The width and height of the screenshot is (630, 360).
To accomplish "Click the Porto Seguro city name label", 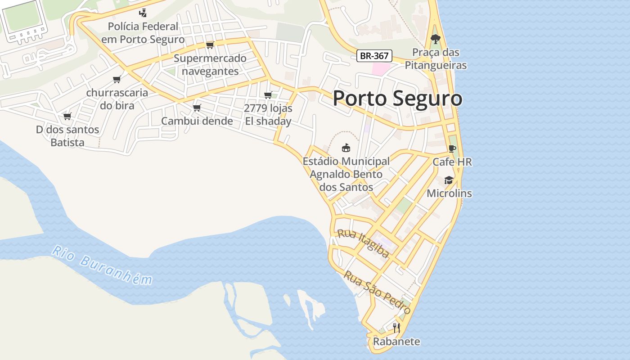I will click(397, 98).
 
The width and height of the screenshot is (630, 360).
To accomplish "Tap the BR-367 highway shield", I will click(374, 56).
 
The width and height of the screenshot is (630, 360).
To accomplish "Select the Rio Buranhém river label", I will click(102, 265).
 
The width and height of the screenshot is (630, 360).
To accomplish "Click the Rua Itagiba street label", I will click(363, 243).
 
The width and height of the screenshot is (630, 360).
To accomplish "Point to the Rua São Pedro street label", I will click(377, 292).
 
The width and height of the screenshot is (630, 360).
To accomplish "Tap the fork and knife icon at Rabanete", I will click(396, 328).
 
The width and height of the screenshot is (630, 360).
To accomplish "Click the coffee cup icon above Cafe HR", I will click(452, 149).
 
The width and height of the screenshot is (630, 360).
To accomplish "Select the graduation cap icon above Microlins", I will click(449, 180).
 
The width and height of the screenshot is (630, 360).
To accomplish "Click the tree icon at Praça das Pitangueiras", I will click(435, 39).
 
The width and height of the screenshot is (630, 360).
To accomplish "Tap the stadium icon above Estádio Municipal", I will click(346, 148).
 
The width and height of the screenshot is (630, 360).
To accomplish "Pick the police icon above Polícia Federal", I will click(143, 13).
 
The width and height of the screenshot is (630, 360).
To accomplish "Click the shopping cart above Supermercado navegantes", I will click(210, 45).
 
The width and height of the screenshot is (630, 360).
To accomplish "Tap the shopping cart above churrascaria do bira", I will click(117, 80).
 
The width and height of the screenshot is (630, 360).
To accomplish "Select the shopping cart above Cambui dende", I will click(197, 108).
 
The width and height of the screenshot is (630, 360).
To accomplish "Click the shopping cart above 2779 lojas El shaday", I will click(268, 95).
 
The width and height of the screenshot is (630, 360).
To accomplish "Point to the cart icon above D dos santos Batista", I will click(67, 117).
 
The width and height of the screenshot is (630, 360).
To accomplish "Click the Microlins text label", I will click(449, 193).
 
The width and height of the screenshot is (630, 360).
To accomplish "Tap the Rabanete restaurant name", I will click(396, 342).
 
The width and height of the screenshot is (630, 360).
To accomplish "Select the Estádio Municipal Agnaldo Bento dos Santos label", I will click(346, 174).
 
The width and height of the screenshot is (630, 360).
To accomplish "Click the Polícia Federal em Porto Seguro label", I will click(143, 33).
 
